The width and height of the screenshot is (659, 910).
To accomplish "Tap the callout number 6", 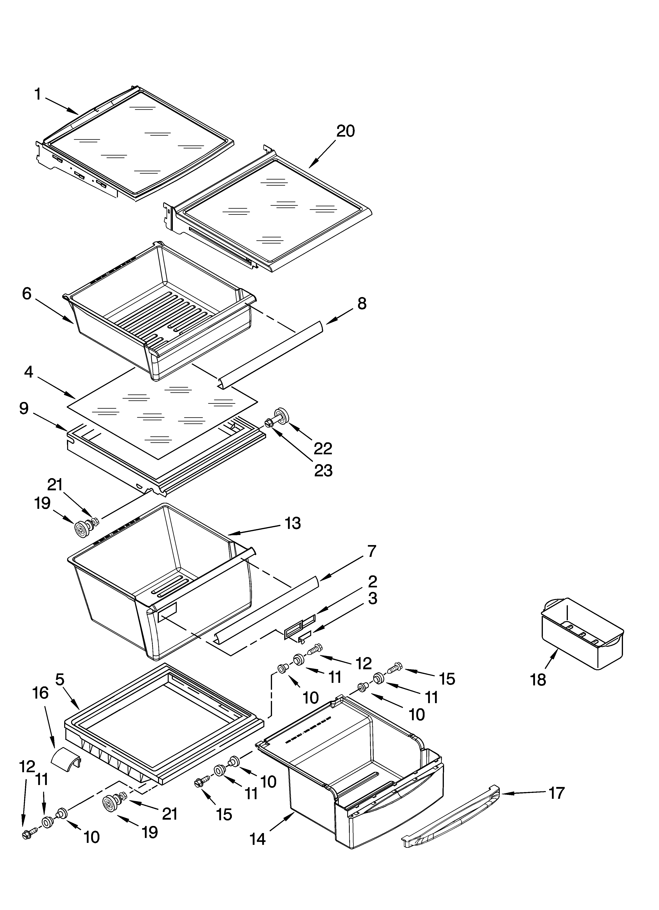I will [x=27, y=294].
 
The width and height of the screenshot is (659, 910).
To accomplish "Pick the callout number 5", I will [x=59, y=679].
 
